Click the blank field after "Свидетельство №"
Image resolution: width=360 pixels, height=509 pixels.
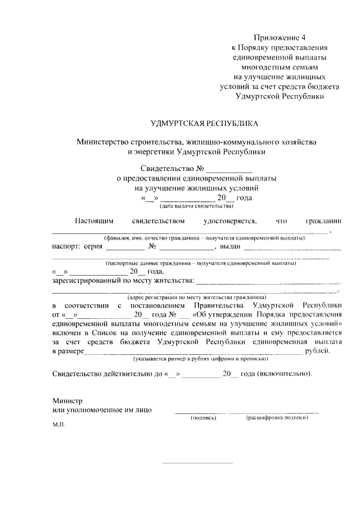pyautogui.click(x=229, y=169)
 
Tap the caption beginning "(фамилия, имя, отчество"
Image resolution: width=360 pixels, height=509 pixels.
pyautogui.click(x=200, y=238)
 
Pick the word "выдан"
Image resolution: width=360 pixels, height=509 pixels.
pyautogui.click(x=231, y=246)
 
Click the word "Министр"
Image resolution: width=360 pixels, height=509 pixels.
pyautogui.click(x=67, y=401)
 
